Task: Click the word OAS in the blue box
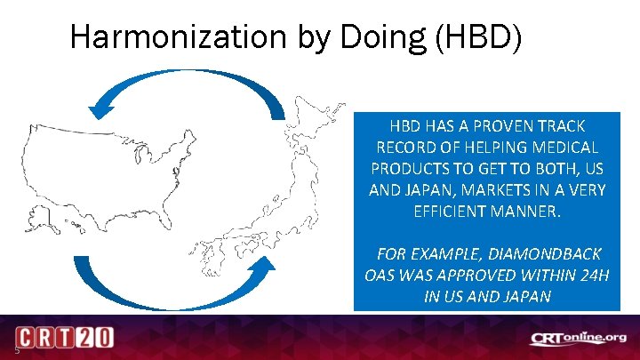(380, 275)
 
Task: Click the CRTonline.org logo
(578, 339)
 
